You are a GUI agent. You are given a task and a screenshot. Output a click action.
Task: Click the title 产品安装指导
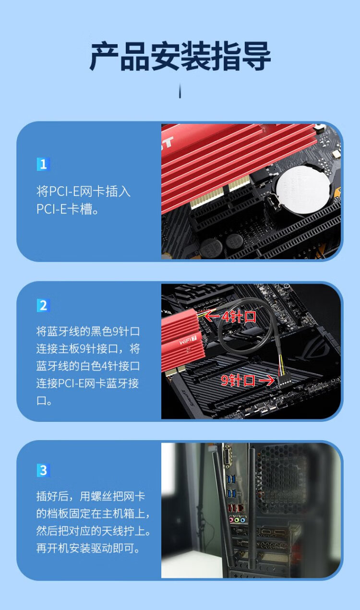(180, 56)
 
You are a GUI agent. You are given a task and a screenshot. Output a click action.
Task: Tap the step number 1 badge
(43, 164)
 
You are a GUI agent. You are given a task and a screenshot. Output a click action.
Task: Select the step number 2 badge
(43, 306)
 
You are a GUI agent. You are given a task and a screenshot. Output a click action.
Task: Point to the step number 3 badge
(43, 470)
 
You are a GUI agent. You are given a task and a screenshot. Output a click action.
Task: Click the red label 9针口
(238, 380)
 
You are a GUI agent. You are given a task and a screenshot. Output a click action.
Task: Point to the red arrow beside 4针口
(213, 316)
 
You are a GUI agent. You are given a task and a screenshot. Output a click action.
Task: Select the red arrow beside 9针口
(266, 380)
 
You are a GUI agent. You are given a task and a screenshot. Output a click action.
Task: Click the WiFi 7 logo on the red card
(188, 340)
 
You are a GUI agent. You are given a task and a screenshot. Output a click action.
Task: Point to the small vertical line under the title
(180, 91)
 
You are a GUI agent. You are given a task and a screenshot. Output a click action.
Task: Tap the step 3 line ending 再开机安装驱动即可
(88, 549)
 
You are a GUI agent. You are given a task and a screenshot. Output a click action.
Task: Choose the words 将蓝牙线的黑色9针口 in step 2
(88, 332)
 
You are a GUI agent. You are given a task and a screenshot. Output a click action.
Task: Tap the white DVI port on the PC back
(228, 457)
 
